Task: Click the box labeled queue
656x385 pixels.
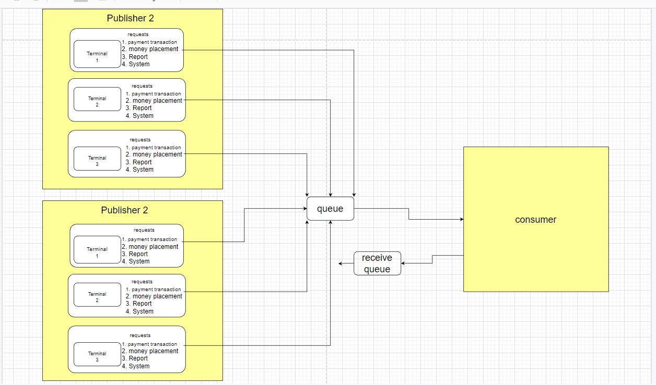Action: pos(330,209)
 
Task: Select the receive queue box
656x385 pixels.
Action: pos(377,263)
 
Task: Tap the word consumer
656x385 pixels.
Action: pos(535,220)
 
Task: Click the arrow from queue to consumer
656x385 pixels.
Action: pos(409,214)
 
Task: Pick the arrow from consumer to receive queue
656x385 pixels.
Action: pos(432,260)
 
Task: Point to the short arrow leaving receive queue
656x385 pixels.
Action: pos(346,263)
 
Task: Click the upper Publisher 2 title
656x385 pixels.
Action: pos(130,18)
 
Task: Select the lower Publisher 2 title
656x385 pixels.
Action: pos(124,210)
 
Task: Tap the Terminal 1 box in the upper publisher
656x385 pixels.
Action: pos(97,56)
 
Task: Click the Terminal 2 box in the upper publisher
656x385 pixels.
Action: pos(97,101)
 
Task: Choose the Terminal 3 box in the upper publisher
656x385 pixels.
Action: pos(97,161)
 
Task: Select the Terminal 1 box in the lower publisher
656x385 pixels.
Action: pos(97,252)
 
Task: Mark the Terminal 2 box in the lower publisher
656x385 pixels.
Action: pos(97,297)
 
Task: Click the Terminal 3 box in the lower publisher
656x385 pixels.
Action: pos(97,356)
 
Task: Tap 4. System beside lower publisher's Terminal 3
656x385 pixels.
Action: pos(136,366)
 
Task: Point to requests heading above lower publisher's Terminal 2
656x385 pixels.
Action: pos(142,282)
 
